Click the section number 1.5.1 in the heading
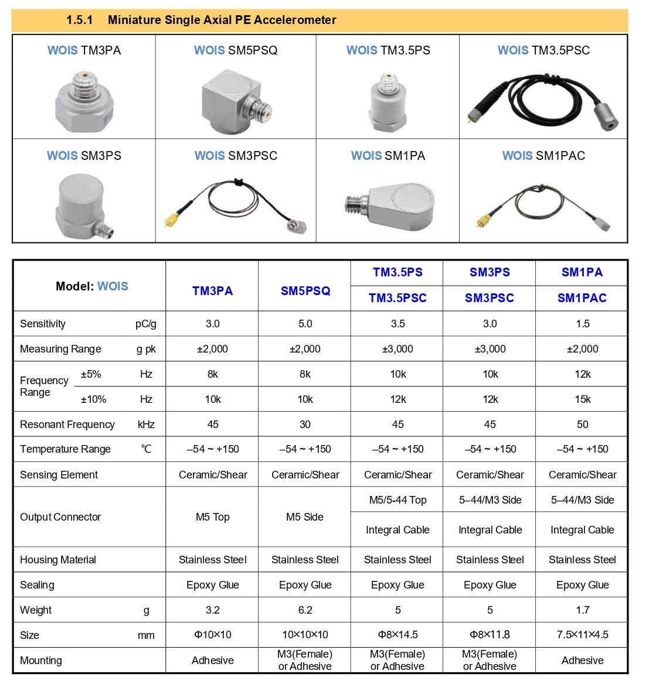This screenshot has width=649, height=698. click(79, 20)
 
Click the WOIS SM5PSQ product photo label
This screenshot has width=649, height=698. click(236, 50)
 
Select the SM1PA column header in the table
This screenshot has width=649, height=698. click(582, 272)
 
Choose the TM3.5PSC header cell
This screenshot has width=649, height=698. click(397, 298)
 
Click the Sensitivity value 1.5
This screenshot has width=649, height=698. click(582, 324)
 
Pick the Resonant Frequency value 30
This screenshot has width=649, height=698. click(305, 425)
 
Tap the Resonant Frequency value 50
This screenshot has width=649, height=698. click(582, 425)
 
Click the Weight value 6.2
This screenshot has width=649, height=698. click(305, 610)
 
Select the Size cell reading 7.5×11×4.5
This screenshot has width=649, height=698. click(582, 635)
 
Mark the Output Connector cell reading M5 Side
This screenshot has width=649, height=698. click(305, 517)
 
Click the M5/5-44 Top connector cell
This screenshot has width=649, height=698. click(397, 500)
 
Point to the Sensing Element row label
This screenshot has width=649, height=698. click(59, 475)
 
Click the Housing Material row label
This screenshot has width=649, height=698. click(57, 560)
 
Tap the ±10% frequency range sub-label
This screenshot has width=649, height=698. click(93, 399)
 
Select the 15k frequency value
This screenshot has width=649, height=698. click(582, 399)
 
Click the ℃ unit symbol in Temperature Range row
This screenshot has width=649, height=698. click(146, 449)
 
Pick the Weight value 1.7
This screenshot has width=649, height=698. click(582, 610)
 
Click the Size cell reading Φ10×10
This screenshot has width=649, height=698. click(212, 635)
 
